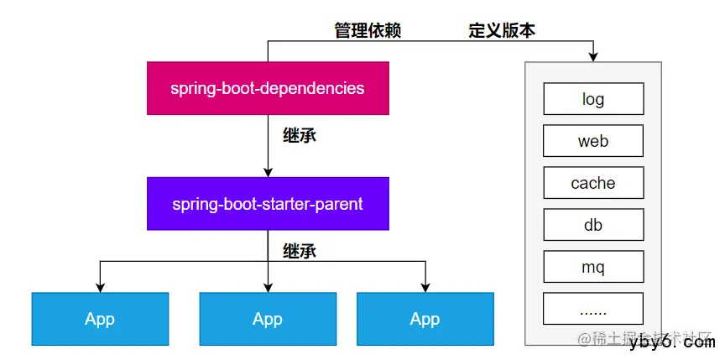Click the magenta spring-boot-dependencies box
point(268,88)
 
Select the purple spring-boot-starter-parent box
point(268,204)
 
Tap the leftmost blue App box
point(100,319)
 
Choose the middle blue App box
point(268,319)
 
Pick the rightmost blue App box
point(425,319)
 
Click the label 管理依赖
point(368,31)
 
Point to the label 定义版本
point(502,31)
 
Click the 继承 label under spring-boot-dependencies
point(300,135)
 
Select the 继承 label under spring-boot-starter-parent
point(300,251)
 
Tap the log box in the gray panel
point(593,99)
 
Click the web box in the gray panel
point(593,141)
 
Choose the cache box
point(593,183)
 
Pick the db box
point(593,225)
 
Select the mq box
point(593,268)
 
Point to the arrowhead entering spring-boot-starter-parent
point(268,172)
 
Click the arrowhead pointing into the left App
point(100,288)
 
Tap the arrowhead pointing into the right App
point(425,288)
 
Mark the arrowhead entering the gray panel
point(593,57)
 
